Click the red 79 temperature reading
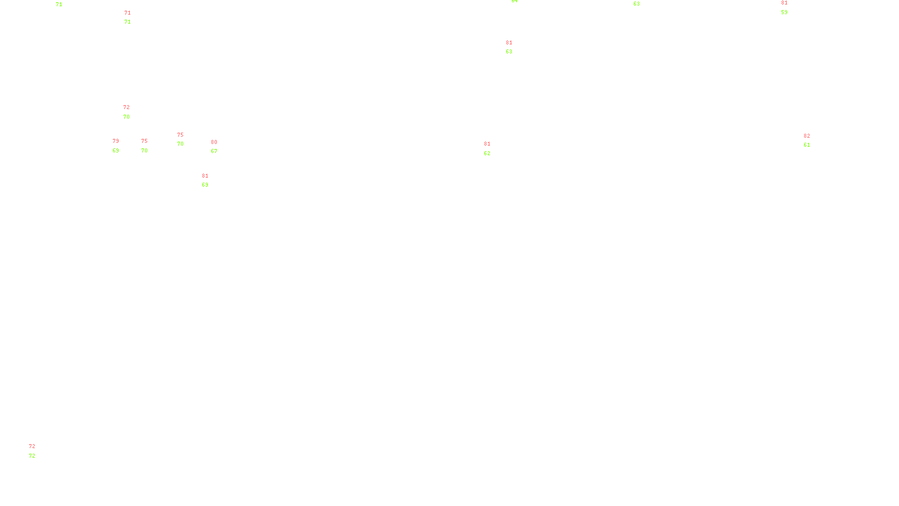[116, 141]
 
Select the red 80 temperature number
[214, 142]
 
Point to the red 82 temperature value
[807, 136]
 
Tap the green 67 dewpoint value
[214, 151]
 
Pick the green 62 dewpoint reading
[487, 153]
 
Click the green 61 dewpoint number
[807, 145]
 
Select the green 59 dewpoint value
[784, 12]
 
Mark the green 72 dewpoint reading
[32, 456]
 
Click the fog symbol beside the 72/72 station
[33, 451]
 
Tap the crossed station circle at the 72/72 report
[38, 451]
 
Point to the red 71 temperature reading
[128, 13]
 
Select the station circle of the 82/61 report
[812, 141]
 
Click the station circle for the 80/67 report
[219, 147]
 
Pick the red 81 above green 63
[509, 43]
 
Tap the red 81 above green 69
[205, 176]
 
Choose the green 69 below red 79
[116, 151]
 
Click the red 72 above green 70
[126, 107]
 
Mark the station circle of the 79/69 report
[121, 146]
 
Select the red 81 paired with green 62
[487, 144]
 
